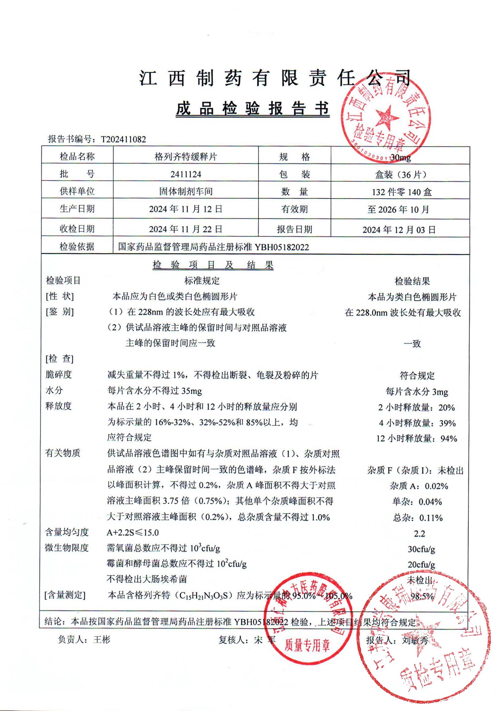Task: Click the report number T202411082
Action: (x=123, y=139)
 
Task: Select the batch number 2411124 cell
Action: (x=185, y=174)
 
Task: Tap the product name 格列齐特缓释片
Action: (x=185, y=157)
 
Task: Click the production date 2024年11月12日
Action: (x=185, y=209)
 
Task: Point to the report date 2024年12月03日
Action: (x=399, y=229)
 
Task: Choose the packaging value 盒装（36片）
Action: (x=401, y=175)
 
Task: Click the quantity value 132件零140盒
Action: (x=402, y=192)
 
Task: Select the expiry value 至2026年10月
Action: (x=398, y=210)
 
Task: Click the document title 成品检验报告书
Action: (x=252, y=109)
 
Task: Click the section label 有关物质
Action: (x=63, y=453)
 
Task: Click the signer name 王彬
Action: (x=102, y=639)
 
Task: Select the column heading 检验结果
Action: (x=412, y=281)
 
